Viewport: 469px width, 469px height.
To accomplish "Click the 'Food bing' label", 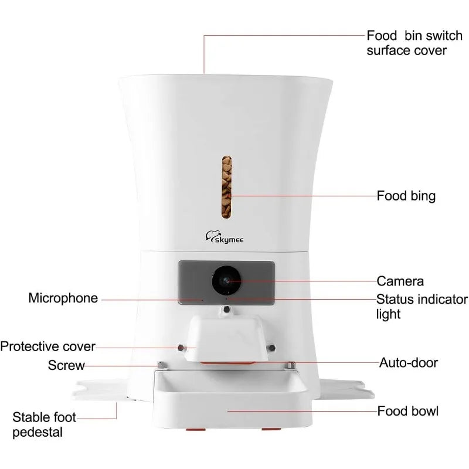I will point(406,195).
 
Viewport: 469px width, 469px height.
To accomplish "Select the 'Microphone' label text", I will point(63,298).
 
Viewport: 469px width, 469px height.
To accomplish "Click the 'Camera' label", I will point(400,281).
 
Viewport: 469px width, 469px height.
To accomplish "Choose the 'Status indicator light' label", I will point(422,307).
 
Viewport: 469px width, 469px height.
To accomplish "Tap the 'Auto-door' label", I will point(409,362).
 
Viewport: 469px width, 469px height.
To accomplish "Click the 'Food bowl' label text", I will point(407,411).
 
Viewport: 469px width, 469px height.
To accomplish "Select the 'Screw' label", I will point(66,366).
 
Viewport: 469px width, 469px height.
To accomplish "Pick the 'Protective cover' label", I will point(47,346).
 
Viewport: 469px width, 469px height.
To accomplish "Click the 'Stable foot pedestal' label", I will point(45,425).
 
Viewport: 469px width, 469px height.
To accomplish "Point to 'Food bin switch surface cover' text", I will point(406,42).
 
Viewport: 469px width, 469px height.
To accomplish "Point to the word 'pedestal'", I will point(39,433).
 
